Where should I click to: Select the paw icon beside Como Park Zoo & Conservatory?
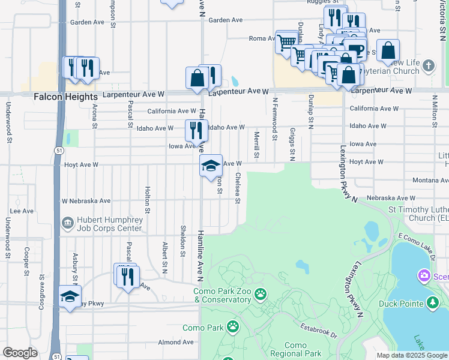coord(261,294)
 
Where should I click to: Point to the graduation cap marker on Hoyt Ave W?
coord(211,167)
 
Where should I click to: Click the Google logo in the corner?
coord(20,353)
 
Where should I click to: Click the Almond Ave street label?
coord(176,342)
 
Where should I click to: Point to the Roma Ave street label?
coord(262,39)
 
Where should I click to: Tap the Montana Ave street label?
coord(431,181)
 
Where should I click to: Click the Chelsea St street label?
coord(238,188)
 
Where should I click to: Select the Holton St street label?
coord(146,200)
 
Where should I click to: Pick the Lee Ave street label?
coord(22,211)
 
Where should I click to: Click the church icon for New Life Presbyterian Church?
coord(428,65)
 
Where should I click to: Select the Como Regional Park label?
coord(295,349)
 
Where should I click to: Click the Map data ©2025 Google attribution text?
coord(411,355)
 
